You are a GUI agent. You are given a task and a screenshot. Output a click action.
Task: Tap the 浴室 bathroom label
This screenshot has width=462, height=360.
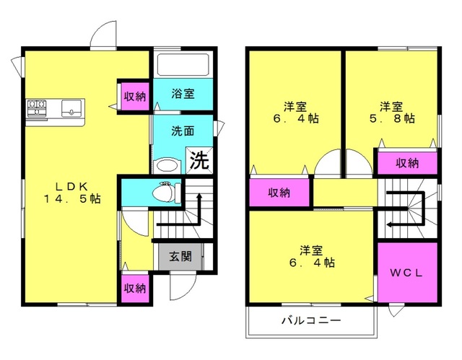[182, 94]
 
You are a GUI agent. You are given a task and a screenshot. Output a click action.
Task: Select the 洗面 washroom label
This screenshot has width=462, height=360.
[182, 133]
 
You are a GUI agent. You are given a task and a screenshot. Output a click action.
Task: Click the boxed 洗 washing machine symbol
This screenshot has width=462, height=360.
[199, 159]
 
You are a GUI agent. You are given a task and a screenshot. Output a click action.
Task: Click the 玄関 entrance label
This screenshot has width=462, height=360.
[180, 257]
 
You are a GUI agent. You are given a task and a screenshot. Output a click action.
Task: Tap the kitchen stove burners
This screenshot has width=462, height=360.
[37, 109]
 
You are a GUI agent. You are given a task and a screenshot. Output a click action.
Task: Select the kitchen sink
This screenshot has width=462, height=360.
[72, 109]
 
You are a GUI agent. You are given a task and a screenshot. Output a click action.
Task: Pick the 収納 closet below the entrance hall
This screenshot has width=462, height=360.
[134, 288]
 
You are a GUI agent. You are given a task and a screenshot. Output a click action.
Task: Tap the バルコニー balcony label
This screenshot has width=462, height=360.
[310, 320]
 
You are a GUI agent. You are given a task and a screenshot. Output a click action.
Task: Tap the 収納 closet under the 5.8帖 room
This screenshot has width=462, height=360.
[406, 163]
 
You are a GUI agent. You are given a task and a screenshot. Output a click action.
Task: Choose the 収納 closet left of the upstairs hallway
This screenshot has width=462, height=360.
[279, 193]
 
